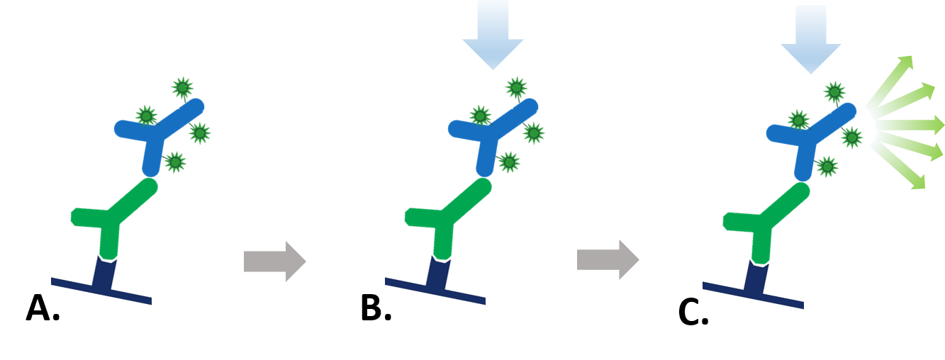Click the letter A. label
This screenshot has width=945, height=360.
click(x=43, y=309)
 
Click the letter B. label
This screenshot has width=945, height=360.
click(x=376, y=309)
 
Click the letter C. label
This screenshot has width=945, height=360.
click(x=693, y=314)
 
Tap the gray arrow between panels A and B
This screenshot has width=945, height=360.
click(x=274, y=261)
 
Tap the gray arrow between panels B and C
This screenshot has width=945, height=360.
click(x=607, y=260)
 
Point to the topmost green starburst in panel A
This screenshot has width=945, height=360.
click(x=182, y=88)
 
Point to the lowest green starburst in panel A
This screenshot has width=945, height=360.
click(x=174, y=162)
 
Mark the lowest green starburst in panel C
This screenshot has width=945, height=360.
click(x=827, y=167)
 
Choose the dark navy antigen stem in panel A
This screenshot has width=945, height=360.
click(x=106, y=275)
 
